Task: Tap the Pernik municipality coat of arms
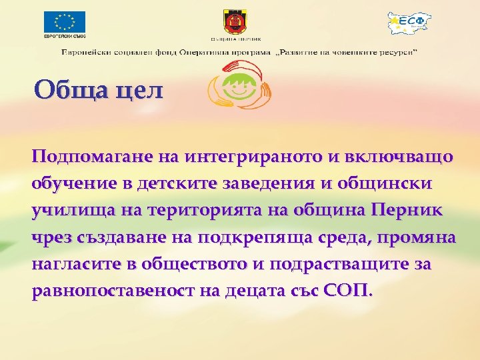237,24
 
